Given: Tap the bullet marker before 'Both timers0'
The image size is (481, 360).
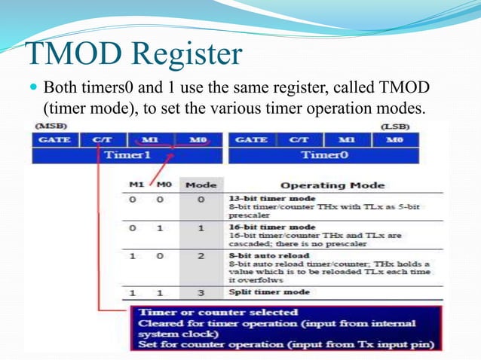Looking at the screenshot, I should click(35, 87).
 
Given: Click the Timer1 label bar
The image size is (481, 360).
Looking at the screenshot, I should click(127, 155).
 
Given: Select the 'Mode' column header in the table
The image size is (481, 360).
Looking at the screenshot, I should click(201, 185).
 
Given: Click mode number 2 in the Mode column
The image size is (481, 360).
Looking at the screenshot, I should click(201, 256).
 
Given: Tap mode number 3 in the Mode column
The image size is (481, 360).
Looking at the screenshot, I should click(201, 291).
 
